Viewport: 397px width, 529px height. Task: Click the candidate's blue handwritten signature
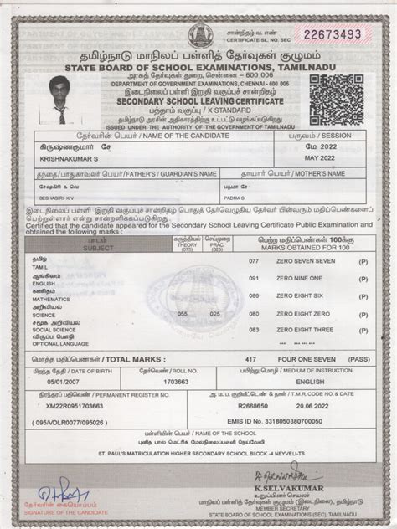point(55,487)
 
